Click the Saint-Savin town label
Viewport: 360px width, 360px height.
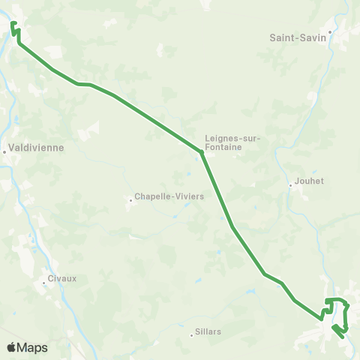298,36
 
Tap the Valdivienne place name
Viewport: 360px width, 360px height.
36,148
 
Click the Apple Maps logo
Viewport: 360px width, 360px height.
27,348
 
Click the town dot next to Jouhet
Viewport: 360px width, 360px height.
291,185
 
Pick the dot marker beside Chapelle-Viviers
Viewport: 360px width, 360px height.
129,199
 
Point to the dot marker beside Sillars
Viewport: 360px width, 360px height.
191,335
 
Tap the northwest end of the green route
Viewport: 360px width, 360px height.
13,24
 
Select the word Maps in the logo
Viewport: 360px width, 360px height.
33,348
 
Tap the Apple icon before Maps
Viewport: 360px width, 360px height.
12,347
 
